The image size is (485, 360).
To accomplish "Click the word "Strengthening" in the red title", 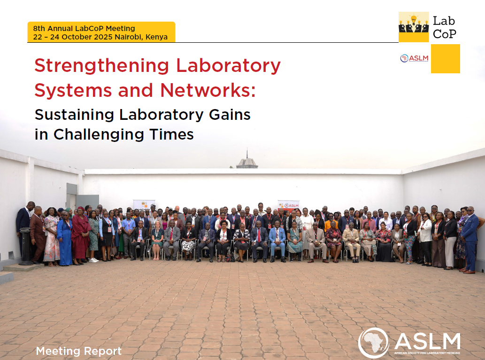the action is tap(102, 66).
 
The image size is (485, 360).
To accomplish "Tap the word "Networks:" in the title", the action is tap(208, 90).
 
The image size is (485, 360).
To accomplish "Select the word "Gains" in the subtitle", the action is tap(230, 115).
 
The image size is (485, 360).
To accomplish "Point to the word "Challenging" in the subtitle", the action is tap(99, 135).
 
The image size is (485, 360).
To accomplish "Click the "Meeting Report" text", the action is tap(78, 351).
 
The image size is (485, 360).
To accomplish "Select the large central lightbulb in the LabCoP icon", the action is tap(414, 19).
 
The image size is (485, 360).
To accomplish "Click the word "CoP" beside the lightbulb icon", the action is tap(445, 34).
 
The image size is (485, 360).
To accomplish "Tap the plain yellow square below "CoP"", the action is tap(446, 59).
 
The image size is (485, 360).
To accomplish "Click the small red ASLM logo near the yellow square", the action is tap(414, 58).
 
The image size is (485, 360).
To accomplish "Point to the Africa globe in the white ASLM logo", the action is tap(373, 343).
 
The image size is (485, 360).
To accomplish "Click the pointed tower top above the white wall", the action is tap(247, 155).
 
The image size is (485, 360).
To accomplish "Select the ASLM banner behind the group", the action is tap(288, 205).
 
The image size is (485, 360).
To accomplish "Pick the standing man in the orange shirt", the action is tap(331, 222).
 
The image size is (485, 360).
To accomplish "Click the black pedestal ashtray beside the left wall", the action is tap(25, 246).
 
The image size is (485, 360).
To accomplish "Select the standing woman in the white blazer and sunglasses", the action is tap(425, 239).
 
